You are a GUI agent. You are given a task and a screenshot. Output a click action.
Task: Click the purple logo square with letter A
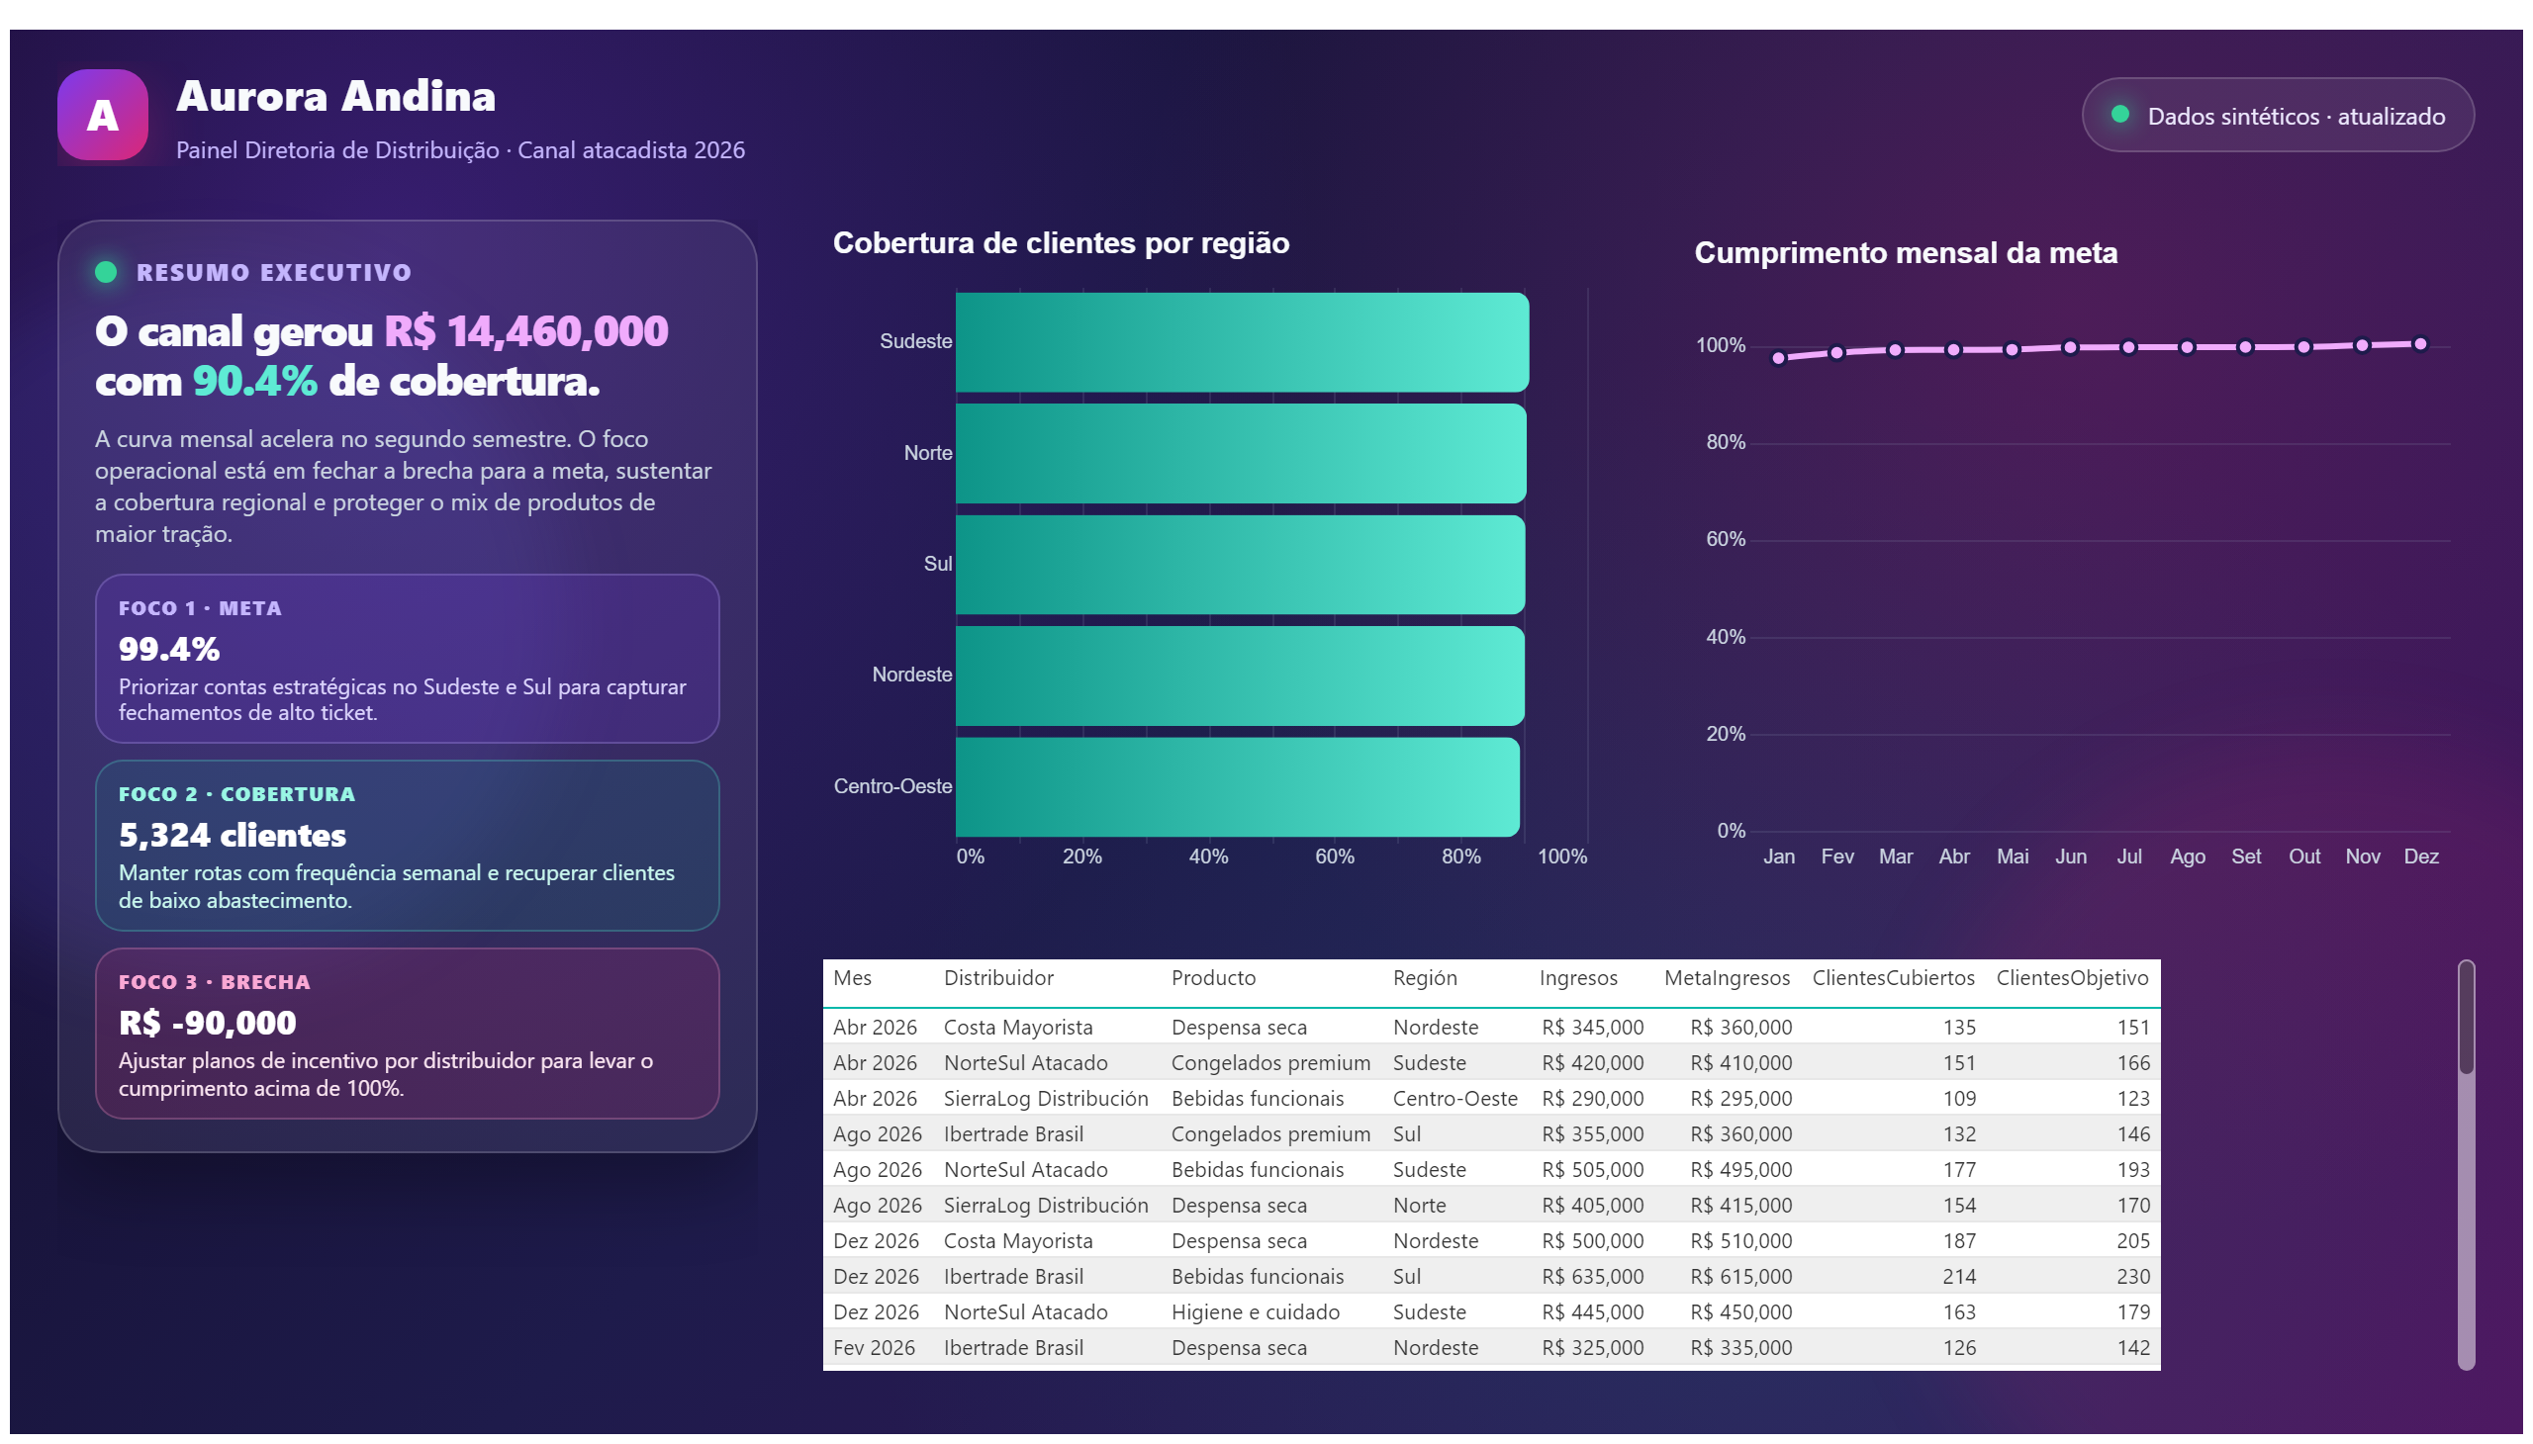[102, 115]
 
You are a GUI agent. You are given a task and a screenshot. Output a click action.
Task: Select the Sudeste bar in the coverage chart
[1241, 342]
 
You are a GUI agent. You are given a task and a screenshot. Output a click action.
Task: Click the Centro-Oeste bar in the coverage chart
[1237, 786]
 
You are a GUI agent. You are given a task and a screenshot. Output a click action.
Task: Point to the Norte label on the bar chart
[928, 453]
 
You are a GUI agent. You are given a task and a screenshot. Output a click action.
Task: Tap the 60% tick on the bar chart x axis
[1335, 856]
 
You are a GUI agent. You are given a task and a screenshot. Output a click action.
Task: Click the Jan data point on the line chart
[1778, 358]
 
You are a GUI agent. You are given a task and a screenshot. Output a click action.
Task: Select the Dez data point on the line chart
[2420, 344]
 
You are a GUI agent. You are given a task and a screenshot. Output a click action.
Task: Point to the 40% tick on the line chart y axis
[1725, 637]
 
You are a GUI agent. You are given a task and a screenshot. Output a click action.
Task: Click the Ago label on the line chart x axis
[2187, 856]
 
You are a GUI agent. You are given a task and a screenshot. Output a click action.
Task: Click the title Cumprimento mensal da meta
[1905, 253]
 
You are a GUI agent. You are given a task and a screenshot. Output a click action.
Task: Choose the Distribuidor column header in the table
[998, 978]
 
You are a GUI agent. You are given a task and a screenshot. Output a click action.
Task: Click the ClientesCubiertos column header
[1893, 978]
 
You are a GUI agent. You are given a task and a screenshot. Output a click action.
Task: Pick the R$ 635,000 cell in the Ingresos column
[1592, 1277]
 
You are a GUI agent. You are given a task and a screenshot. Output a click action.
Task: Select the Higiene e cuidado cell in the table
[1255, 1312]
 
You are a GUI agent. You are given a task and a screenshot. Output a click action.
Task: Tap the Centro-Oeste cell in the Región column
[1454, 1098]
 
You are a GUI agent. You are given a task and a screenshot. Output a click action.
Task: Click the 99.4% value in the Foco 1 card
[168, 649]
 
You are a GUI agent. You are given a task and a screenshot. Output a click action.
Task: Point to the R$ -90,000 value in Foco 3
[208, 1023]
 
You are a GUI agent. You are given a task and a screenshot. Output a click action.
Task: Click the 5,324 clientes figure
[233, 835]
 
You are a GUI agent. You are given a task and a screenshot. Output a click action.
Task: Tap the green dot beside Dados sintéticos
[2119, 114]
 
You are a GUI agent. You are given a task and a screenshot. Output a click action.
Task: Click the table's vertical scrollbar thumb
[2466, 1017]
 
